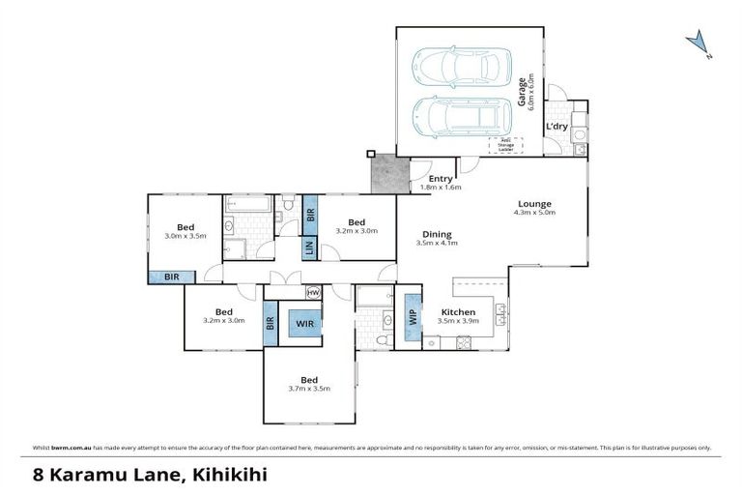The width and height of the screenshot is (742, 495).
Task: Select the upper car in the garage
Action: (460, 67)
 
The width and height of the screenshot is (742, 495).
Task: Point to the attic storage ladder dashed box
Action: (504, 145)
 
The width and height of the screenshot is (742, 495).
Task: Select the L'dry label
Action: (557, 127)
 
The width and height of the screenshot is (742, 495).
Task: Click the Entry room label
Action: (441, 179)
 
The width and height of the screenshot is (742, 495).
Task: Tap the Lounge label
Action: (534, 203)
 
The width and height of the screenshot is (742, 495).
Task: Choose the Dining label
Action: (437, 234)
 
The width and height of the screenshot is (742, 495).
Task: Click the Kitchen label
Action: (458, 311)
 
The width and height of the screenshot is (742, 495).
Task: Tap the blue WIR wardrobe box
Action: (304, 323)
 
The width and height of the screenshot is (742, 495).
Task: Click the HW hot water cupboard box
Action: (313, 292)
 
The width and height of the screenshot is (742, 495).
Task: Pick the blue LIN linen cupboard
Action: (309, 248)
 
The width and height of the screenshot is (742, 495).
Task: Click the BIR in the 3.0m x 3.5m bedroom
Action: (171, 277)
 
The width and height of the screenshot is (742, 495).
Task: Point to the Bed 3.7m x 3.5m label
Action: (309, 384)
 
